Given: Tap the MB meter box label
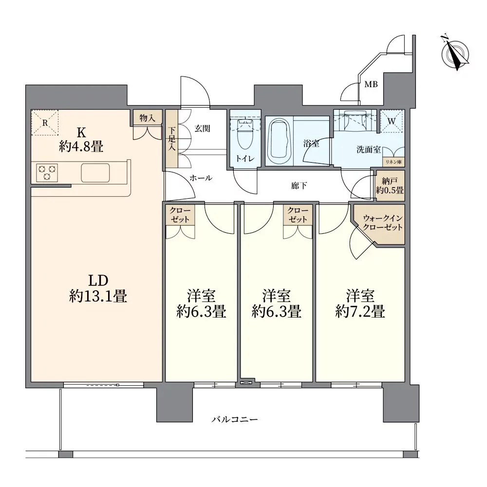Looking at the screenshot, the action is click(371, 84).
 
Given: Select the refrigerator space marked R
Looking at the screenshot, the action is click(45, 123).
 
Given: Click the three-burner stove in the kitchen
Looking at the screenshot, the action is click(47, 173).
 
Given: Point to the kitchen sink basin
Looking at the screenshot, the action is click(95, 173).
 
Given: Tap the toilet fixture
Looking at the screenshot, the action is click(245, 134).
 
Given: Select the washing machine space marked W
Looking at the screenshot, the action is click(392, 121).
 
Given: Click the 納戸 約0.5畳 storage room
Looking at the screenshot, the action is click(390, 186).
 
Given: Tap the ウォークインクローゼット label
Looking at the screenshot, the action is click(383, 223).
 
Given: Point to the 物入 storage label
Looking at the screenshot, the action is click(147, 118).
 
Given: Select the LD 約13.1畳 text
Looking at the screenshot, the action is click(98, 288).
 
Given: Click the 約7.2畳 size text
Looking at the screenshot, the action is click(360, 311).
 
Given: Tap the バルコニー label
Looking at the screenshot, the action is click(235, 420).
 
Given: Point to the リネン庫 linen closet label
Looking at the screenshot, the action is click(393, 162).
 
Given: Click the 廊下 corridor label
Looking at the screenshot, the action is click(299, 186).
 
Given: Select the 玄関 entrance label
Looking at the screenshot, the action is click(203, 128).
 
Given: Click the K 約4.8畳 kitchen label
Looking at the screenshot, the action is click(81, 139).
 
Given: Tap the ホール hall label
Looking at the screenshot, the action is click(201, 178).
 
